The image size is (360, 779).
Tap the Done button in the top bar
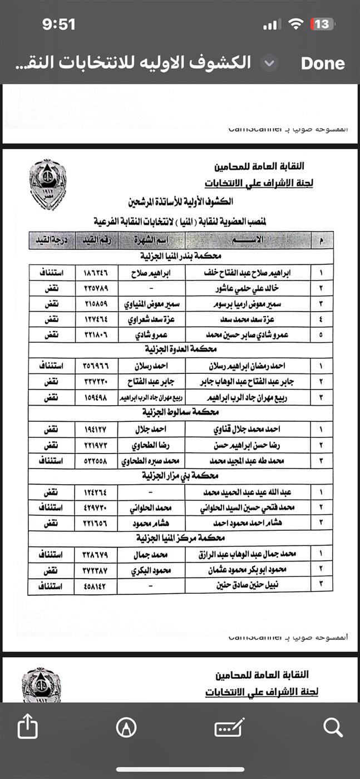tap(322, 63)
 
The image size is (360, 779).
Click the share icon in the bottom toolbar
tap(27, 727)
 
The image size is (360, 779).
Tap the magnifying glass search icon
tap(332, 726)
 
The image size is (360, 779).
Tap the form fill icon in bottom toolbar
tap(229, 727)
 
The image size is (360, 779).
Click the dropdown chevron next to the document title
tap(269, 63)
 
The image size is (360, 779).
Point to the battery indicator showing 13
tap(322, 24)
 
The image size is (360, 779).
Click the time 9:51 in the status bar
tap(58, 24)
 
